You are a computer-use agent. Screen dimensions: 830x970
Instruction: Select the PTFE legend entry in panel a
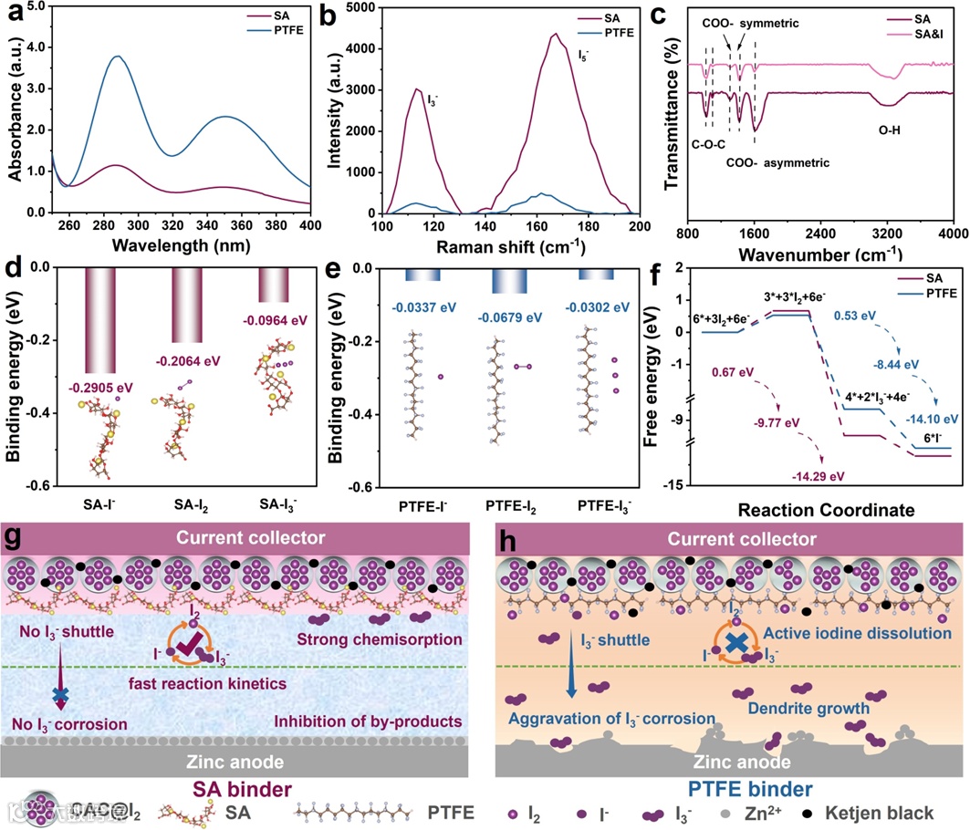click(291, 28)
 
